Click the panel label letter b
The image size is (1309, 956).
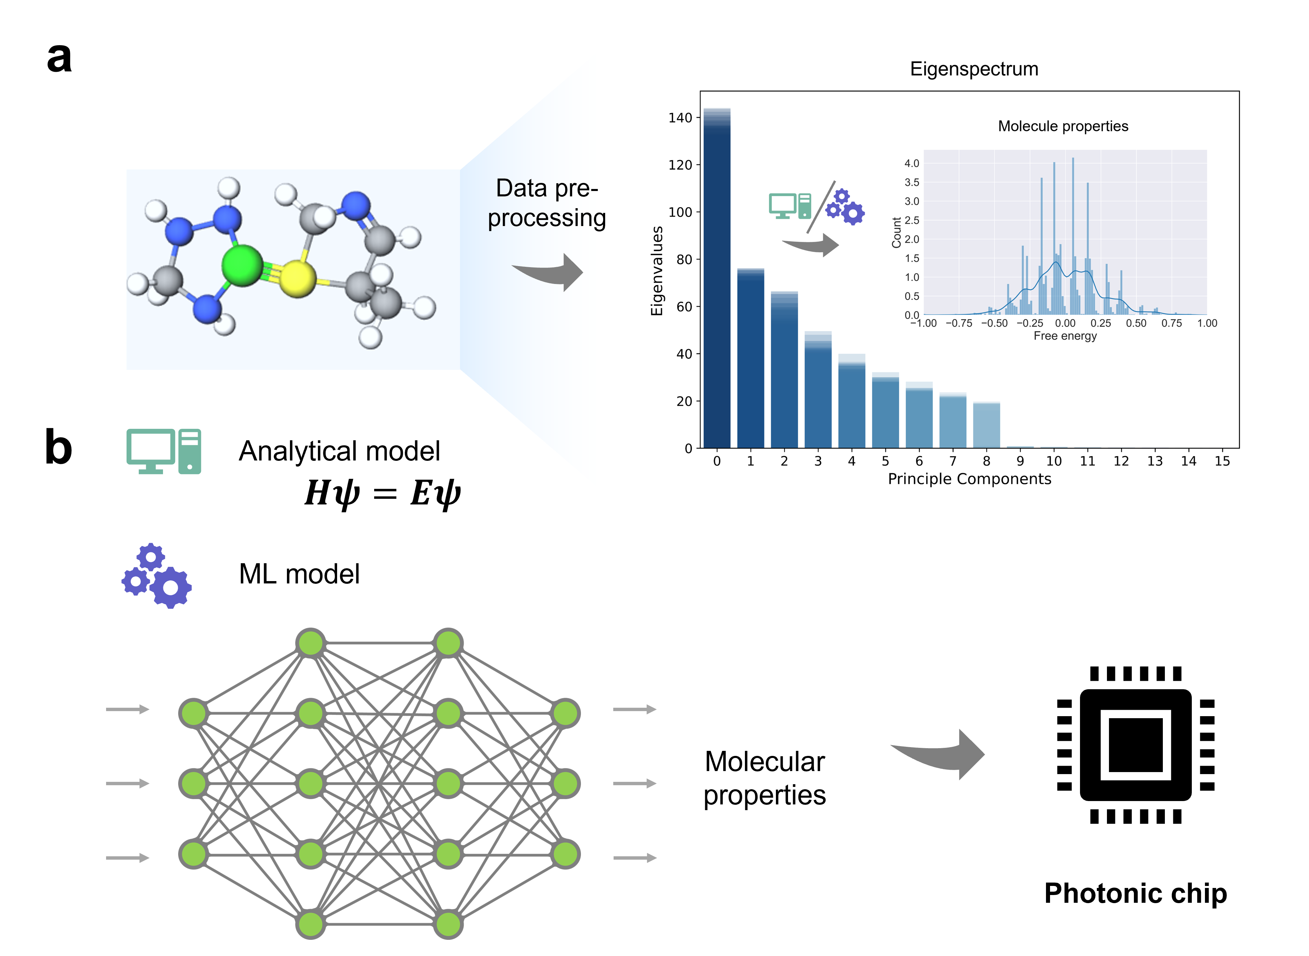pos(58,448)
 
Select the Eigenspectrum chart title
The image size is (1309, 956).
pos(974,69)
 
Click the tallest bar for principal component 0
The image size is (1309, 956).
pos(717,278)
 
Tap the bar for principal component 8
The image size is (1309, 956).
pos(986,425)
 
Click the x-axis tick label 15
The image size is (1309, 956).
pos(1222,461)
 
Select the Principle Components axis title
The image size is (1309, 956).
pos(970,479)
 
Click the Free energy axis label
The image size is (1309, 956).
pos(1065,336)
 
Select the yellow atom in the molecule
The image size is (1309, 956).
pos(297,278)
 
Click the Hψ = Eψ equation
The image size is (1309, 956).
pos(382,493)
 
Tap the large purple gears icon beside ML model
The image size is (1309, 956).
pos(157,575)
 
